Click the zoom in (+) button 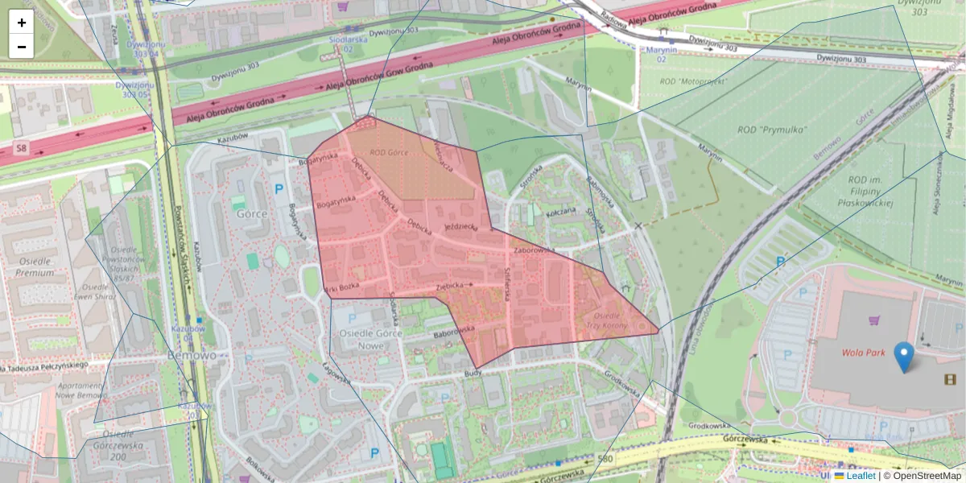click(22, 23)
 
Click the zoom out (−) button click(22, 47)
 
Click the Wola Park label click(864, 353)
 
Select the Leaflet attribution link click(860, 476)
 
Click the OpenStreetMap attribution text click(927, 476)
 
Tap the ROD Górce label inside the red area click(390, 151)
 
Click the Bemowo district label click(192, 355)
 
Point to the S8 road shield click(20, 149)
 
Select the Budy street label click(473, 374)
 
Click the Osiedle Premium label click(34, 266)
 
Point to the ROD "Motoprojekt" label click(692, 82)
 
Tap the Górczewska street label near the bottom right click(745, 440)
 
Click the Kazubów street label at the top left click(233, 138)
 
